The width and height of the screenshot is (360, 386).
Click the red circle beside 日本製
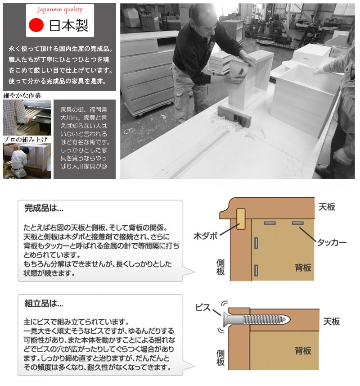pyautogui.click(x=36, y=25)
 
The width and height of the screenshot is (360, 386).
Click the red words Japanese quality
pyautogui.click(x=60, y=9)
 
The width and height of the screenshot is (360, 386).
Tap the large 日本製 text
pyautogui.click(x=69, y=25)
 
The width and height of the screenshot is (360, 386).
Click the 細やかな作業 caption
pyautogui.click(x=22, y=95)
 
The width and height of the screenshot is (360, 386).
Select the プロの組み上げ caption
pyautogui.click(x=25, y=140)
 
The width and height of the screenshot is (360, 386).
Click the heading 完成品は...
pyautogui.click(x=44, y=209)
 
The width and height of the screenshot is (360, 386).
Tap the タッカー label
pyautogui.click(x=332, y=242)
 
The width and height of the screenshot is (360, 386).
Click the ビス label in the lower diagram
pyautogui.click(x=203, y=308)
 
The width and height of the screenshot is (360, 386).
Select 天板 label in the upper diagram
pyautogui.click(x=327, y=207)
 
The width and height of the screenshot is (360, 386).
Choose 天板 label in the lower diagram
pyautogui.click(x=332, y=322)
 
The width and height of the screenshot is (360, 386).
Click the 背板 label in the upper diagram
pyautogui.click(x=303, y=268)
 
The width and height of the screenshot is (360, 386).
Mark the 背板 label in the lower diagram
pyautogui.click(x=303, y=351)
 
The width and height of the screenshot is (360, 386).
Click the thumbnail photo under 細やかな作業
pyautogui.click(x=27, y=117)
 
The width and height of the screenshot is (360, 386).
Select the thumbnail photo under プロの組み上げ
pyautogui.click(x=27, y=161)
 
